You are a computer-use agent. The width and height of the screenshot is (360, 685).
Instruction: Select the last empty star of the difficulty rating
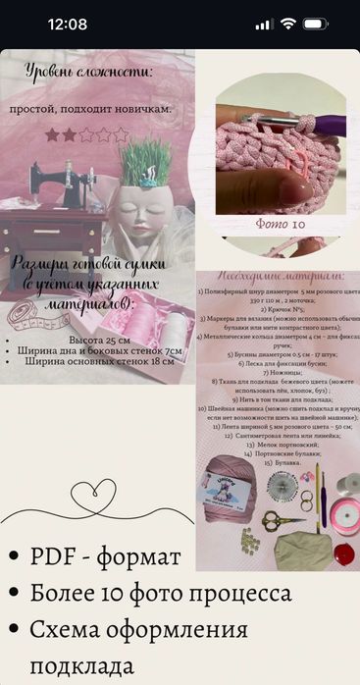(x=122, y=134)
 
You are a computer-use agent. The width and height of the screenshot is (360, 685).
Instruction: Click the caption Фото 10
(x=281, y=223)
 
